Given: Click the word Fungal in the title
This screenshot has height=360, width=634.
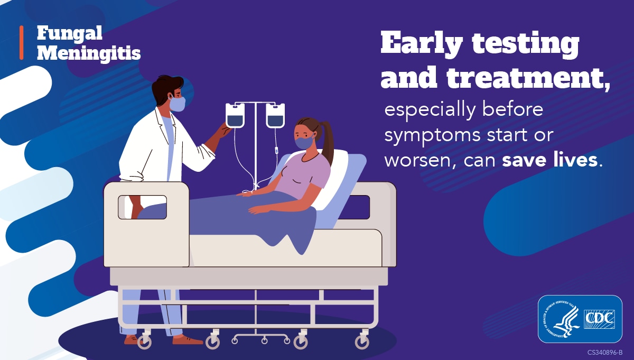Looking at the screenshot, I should tap(70, 34).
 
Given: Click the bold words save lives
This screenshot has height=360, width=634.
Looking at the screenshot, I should tap(549, 160).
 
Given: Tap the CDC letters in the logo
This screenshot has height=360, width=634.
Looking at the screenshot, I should tap(600, 319).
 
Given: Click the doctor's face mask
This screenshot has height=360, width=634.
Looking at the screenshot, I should tap(178, 104).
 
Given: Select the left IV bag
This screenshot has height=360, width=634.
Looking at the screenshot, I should tap(235, 115).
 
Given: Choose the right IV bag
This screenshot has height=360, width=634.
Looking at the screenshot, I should tap(275, 115).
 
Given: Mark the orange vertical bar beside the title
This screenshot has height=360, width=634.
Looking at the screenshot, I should tap(22, 42).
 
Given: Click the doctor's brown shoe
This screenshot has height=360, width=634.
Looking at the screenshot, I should tap(186, 340).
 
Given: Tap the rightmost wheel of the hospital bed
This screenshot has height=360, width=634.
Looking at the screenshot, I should tap(362, 342).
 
